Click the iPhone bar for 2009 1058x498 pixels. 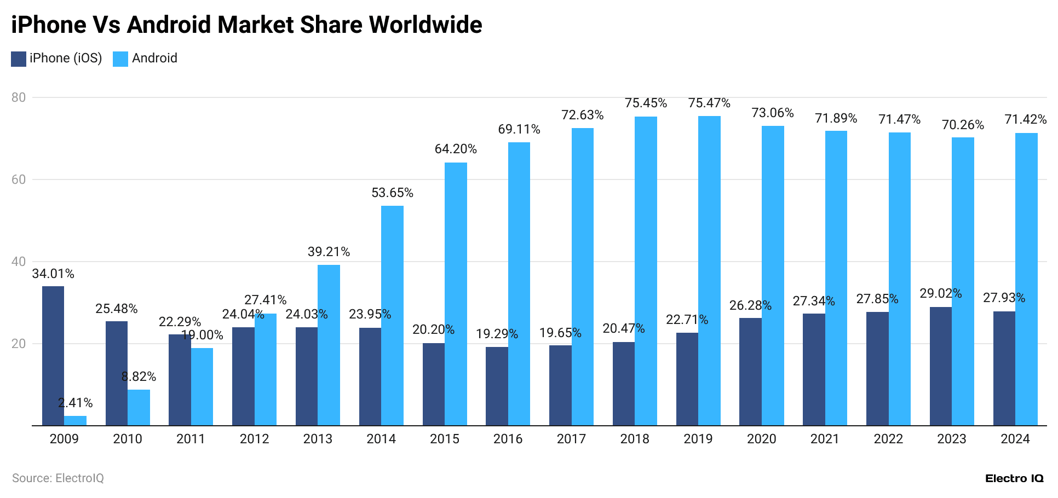53,356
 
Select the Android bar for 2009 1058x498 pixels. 75,421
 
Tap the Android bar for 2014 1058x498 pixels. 392,316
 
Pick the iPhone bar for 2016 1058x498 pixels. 497,386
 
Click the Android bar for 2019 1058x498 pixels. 709,271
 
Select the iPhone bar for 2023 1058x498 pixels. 941,366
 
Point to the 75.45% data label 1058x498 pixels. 646,103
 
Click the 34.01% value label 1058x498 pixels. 53,274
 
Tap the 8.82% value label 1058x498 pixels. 139,377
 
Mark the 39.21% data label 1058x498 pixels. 329,252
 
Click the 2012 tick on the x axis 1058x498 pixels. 254,439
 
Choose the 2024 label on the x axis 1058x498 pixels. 1015,439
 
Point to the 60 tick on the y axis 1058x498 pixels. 19,179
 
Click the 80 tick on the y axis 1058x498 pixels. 19,97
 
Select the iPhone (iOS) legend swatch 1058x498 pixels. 19,59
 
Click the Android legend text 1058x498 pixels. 154,58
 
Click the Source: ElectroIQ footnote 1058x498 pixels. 58,478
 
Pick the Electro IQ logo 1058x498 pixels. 1014,478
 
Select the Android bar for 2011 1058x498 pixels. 202,387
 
